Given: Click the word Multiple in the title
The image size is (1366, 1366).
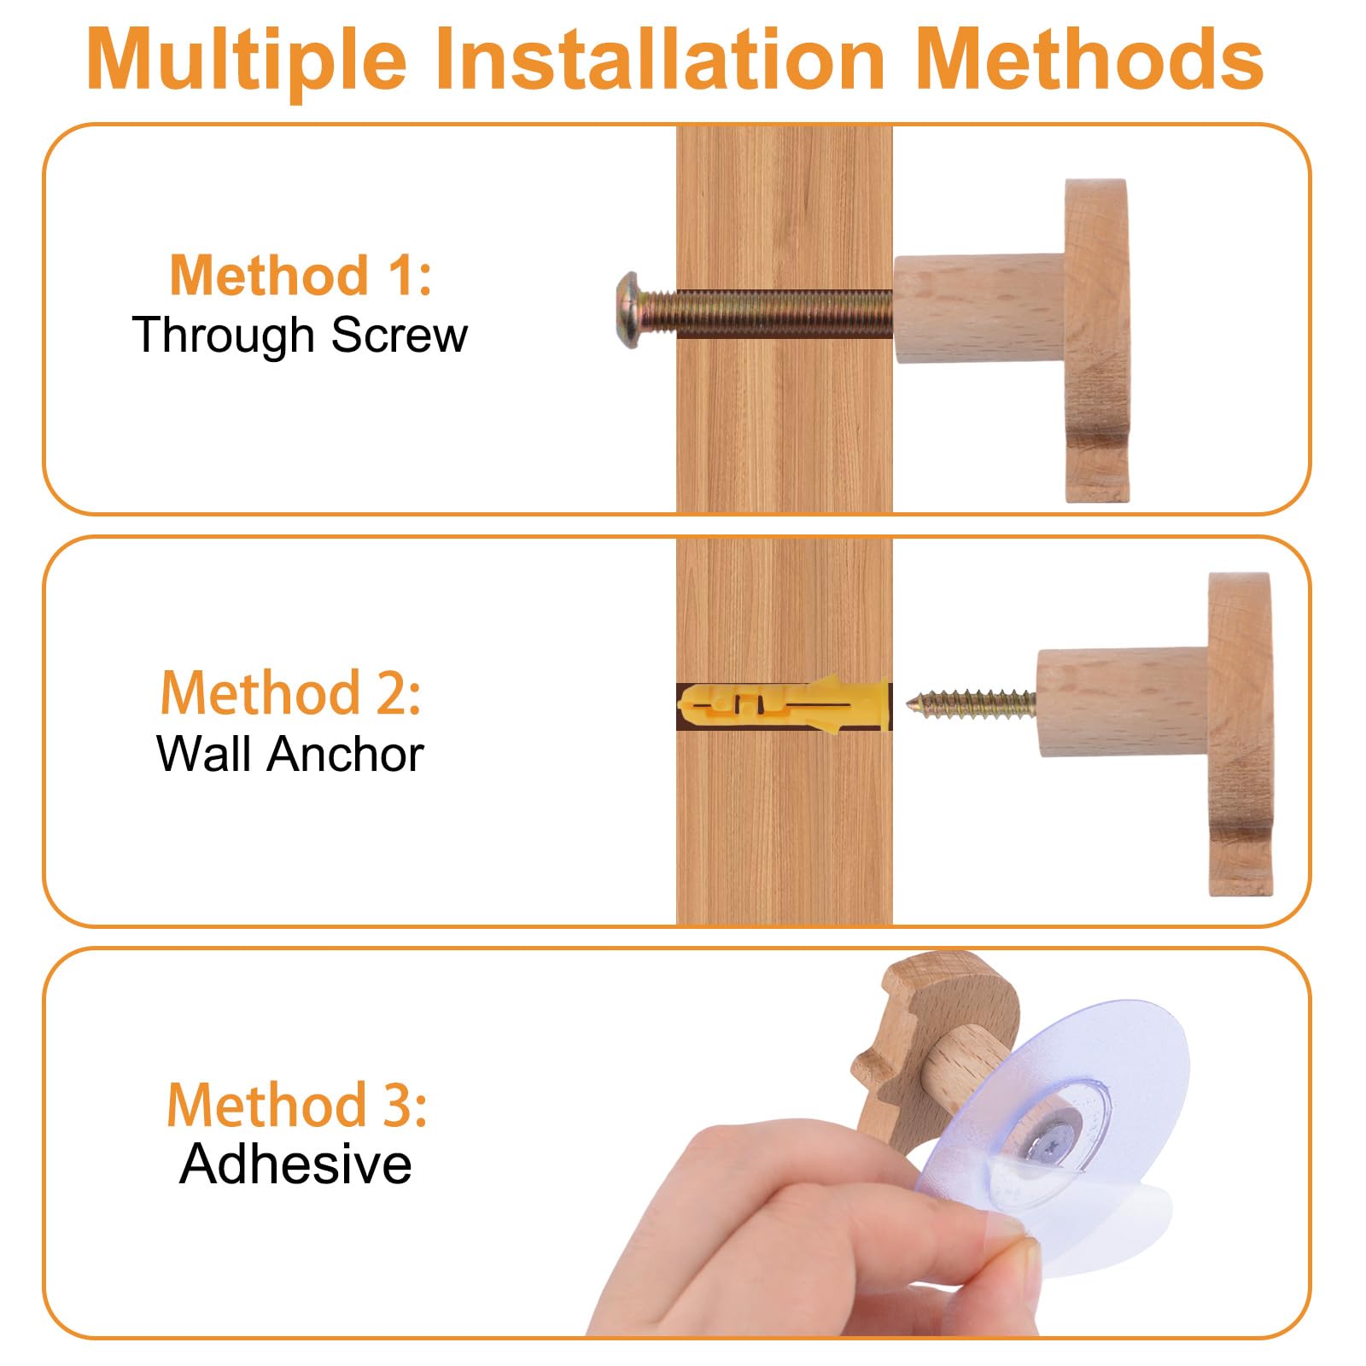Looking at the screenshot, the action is (x=247, y=60).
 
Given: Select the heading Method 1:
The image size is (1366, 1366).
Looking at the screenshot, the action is (x=301, y=275).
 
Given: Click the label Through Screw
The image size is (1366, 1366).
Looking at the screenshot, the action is (x=300, y=334).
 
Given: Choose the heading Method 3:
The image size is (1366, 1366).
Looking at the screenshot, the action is (x=297, y=1105).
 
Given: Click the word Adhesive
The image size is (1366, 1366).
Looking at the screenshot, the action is (x=295, y=1164).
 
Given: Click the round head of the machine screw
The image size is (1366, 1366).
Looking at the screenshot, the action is (x=629, y=311).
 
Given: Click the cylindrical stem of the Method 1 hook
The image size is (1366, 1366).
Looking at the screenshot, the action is (x=978, y=309).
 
